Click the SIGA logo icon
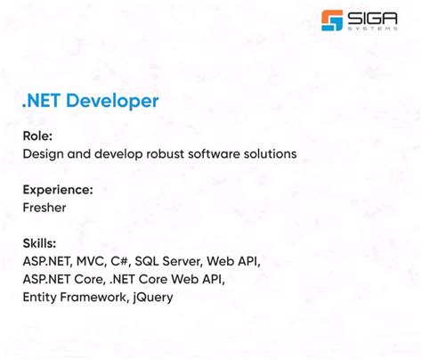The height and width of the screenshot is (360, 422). pyautogui.click(x=332, y=20)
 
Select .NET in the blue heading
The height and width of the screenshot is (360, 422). pyautogui.click(x=42, y=101)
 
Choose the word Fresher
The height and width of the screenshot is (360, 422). pyautogui.click(x=45, y=207)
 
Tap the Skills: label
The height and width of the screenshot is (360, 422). pyautogui.click(x=39, y=243)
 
